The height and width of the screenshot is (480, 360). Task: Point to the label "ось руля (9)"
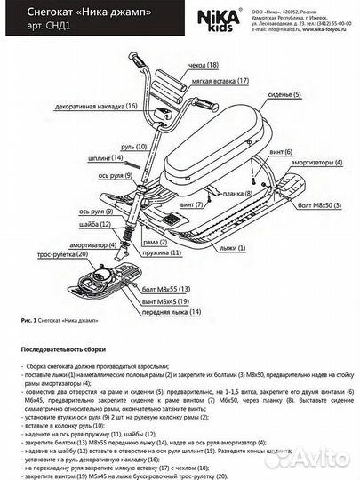click(x=97, y=211)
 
